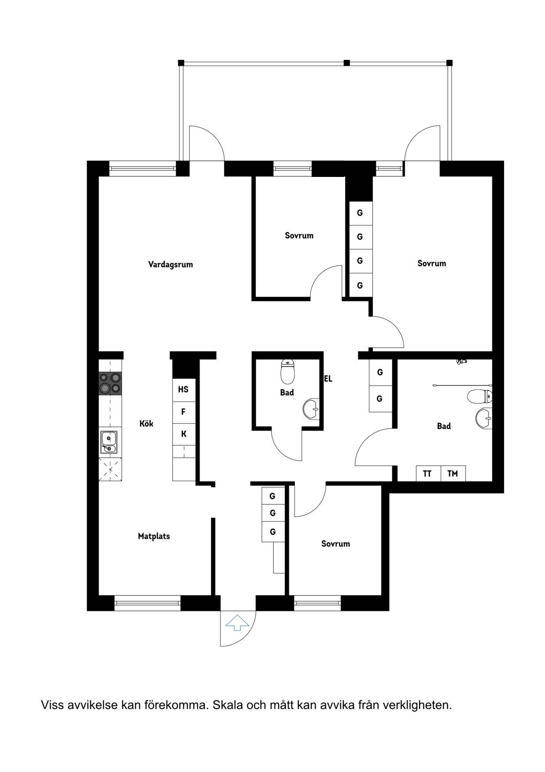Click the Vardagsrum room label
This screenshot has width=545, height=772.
point(171,265)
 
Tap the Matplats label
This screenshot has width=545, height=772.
point(154,536)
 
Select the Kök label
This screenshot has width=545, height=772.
point(146,423)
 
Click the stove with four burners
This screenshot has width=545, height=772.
point(110,383)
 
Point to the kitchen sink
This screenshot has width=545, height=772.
point(109,442)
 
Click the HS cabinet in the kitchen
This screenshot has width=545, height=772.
point(183,390)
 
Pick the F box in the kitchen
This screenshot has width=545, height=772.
point(183,412)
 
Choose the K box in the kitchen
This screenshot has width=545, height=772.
point(183,434)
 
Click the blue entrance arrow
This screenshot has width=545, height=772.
point(237,622)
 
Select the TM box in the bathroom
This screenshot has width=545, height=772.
point(453,474)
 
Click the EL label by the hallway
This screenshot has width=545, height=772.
point(328,379)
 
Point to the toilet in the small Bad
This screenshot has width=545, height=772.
point(287,372)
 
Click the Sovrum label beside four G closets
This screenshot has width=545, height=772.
point(432,264)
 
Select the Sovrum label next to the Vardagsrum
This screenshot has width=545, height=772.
point(299,235)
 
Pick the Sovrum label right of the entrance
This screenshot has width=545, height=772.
point(336,544)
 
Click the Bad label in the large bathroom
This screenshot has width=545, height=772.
point(444,426)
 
